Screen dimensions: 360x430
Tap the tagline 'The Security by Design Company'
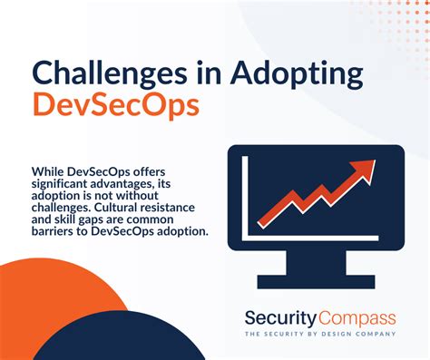pos(320,334)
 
